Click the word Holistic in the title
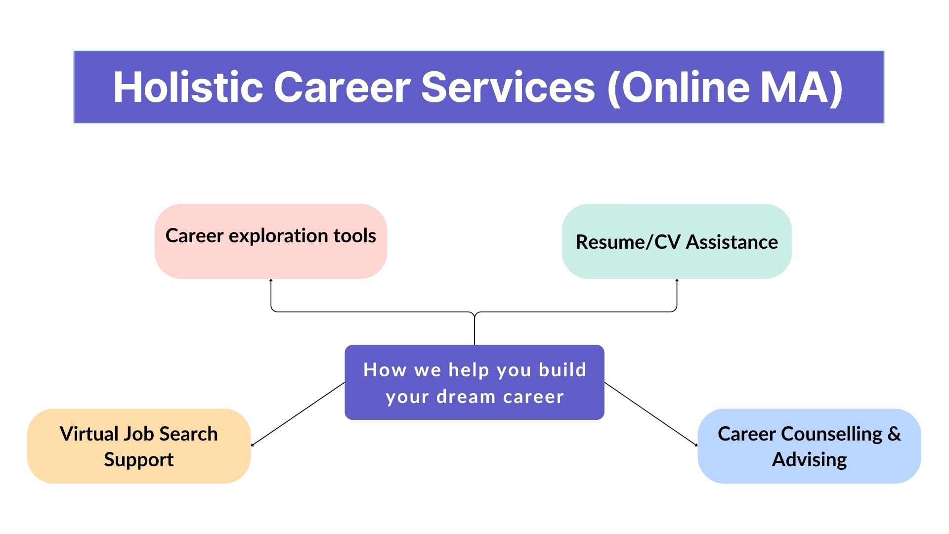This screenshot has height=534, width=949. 188,87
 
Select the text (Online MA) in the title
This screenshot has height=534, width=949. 725,88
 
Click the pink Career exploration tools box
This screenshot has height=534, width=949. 271,241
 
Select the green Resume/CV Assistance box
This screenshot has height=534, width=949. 677,241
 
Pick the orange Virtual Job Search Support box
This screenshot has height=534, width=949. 139,446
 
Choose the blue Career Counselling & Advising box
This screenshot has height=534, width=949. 809,446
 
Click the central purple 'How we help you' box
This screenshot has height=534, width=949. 474,382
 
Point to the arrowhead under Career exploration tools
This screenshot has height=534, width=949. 271,280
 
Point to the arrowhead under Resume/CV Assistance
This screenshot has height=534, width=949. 677,280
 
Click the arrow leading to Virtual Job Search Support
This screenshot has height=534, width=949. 298,414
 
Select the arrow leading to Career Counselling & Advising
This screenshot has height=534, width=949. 651,414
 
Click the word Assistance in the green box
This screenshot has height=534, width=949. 732,242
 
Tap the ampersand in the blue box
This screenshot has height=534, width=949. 894,434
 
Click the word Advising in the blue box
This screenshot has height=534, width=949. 809,460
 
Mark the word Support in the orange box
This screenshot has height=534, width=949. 139,460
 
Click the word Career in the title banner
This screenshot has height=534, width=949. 342,87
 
